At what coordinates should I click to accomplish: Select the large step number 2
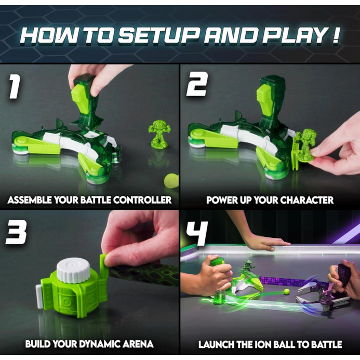197,84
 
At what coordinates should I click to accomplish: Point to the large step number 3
16,232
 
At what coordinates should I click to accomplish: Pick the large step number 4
197,233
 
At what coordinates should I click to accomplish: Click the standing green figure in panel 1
158,133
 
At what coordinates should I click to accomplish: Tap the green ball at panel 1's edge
171,181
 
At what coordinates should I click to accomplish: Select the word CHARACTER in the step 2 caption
307,200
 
